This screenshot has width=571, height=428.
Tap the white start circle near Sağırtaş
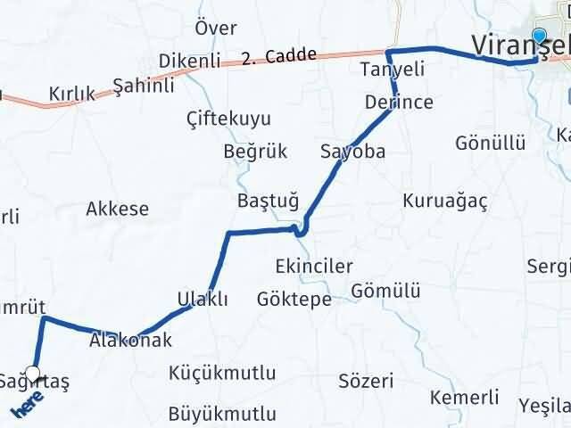(33, 374)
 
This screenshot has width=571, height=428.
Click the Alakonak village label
(130, 340)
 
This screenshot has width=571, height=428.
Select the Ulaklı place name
(203, 299)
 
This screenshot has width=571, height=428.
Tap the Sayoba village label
(353, 152)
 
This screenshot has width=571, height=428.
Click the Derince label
(399, 103)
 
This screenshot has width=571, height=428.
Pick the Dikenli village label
(189, 61)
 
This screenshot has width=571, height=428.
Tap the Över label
(216, 28)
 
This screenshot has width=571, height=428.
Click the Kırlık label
(72, 94)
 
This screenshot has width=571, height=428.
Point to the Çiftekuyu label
(228, 119)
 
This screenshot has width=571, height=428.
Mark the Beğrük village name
(255, 152)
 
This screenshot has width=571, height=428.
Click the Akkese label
(117, 210)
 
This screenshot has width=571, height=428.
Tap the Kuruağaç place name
(445, 200)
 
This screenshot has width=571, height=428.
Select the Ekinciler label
(314, 266)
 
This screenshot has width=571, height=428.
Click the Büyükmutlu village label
(222, 414)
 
